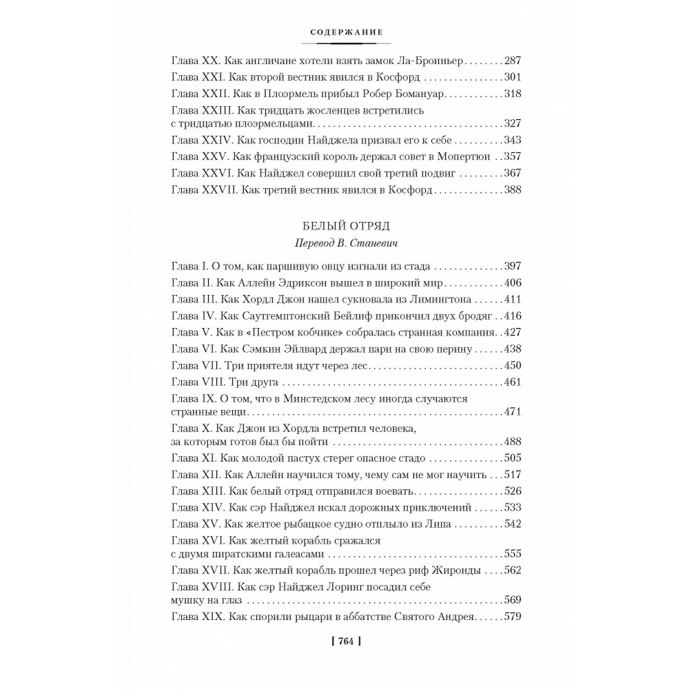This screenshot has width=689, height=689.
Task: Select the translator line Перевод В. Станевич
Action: [345, 243]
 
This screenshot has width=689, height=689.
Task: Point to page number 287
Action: [513, 60]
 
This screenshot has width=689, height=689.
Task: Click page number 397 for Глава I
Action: [513, 266]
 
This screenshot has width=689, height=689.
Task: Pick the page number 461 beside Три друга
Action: [513, 382]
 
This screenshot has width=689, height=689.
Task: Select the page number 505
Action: [513, 458]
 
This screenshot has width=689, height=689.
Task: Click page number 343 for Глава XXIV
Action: [513, 139]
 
